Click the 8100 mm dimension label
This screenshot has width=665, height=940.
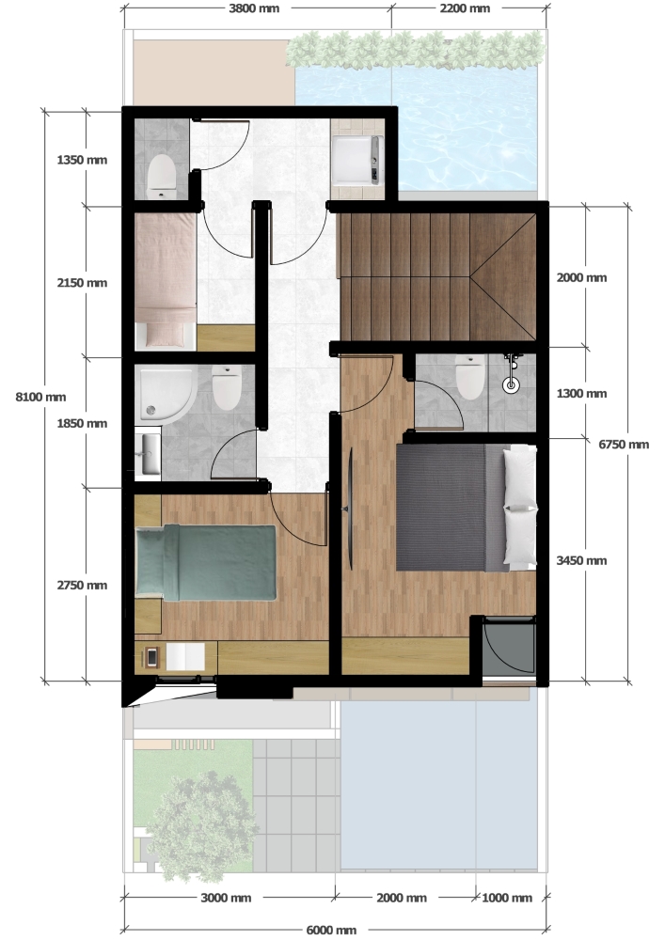coord(40,397)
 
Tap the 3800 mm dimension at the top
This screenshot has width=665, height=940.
coord(254,8)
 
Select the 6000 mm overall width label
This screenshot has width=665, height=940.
coord(331,930)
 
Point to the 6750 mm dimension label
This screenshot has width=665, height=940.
coord(624,445)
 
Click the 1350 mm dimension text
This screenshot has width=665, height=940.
coord(82,160)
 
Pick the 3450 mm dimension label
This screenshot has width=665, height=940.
coord(581,560)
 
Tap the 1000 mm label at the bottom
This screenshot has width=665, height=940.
coord(507,898)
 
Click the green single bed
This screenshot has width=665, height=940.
coord(206,562)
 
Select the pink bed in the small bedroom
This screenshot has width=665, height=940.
coord(166,281)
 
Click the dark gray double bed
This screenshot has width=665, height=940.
coord(466,508)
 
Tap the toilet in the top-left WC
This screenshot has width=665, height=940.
coord(161,177)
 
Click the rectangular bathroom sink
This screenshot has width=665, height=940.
coord(148,454)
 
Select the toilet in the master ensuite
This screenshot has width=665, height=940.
coord(469,377)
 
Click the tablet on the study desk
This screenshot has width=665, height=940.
coord(151,657)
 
